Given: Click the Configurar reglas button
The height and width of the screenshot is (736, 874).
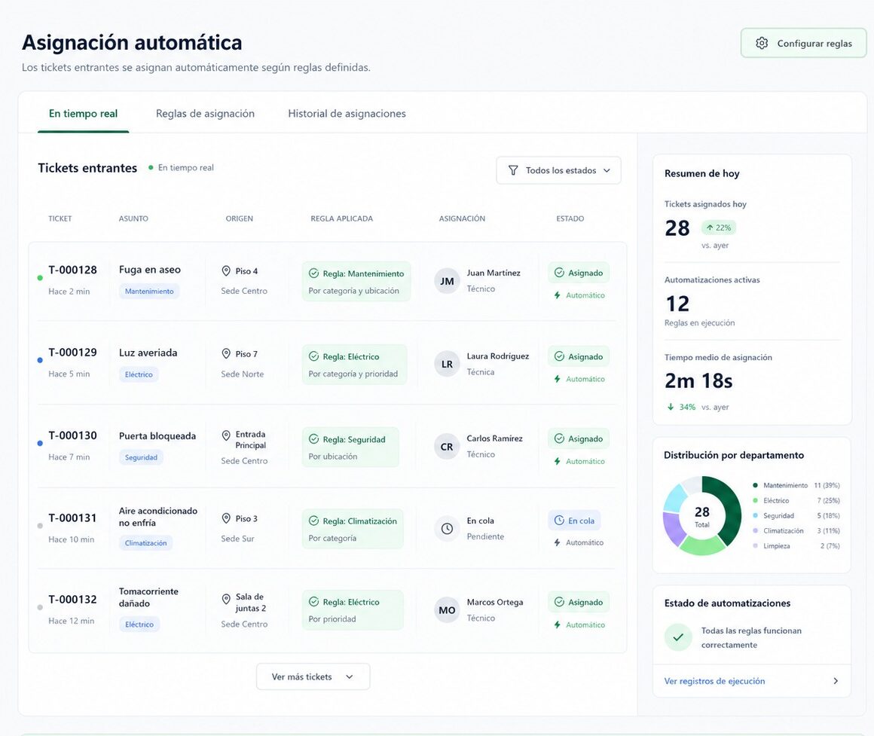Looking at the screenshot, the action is [803, 43].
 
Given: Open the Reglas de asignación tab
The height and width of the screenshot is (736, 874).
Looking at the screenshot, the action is [205, 114].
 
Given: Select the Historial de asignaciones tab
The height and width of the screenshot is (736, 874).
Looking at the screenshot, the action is [347, 114].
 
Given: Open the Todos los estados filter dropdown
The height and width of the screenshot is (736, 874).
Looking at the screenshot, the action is [558, 170].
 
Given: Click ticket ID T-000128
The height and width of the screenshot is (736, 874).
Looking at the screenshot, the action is [72, 270].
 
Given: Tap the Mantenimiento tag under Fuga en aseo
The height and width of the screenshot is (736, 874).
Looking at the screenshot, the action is [149, 292].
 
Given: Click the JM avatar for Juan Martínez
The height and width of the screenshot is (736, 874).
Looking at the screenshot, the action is [447, 281].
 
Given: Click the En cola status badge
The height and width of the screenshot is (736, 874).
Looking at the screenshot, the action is [574, 521].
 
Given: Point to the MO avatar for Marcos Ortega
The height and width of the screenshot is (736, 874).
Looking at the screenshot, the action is [447, 611].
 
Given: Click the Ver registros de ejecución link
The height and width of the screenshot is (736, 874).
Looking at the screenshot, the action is [714, 681].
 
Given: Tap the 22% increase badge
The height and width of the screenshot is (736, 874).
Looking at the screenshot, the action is [719, 228].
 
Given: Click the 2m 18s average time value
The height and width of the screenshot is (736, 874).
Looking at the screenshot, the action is [698, 381].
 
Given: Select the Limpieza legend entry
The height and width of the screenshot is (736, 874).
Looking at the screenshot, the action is [777, 546].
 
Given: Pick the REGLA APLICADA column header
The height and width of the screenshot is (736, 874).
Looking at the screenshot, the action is [341, 218].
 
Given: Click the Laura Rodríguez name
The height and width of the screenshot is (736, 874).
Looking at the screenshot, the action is [498, 356].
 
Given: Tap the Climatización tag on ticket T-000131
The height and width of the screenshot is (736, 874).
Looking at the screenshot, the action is [145, 543].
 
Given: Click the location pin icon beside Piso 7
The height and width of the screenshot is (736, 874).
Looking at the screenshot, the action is [226, 354].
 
